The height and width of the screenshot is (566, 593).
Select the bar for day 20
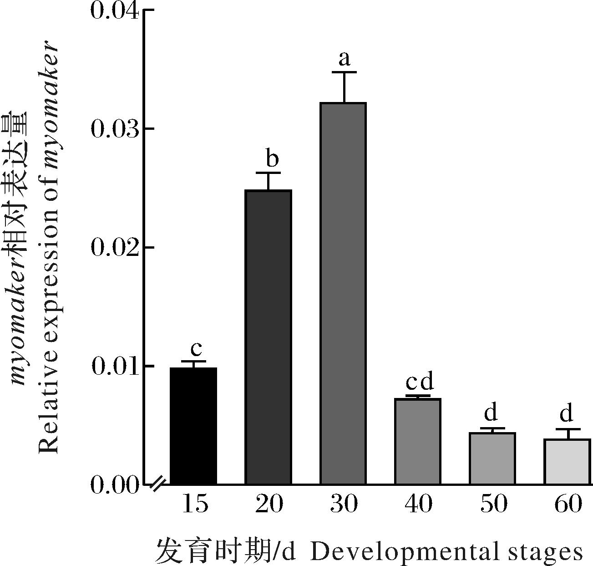(x=268, y=337)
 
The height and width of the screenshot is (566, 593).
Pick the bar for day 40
(x=418, y=441)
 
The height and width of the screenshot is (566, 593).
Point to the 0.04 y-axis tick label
(x=115, y=10)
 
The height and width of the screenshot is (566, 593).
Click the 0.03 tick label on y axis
(x=115, y=129)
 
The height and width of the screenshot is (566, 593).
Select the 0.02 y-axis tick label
(x=115, y=248)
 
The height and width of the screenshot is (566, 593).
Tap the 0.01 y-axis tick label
(x=115, y=367)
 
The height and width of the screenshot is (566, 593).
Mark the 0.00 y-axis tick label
(x=115, y=485)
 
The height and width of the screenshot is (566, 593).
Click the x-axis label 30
(x=344, y=504)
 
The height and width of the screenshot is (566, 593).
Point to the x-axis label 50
(x=493, y=504)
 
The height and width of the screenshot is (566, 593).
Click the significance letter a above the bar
(x=345, y=59)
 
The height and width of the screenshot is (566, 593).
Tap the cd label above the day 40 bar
(x=420, y=382)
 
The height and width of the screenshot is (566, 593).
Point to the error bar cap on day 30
(x=344, y=72)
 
